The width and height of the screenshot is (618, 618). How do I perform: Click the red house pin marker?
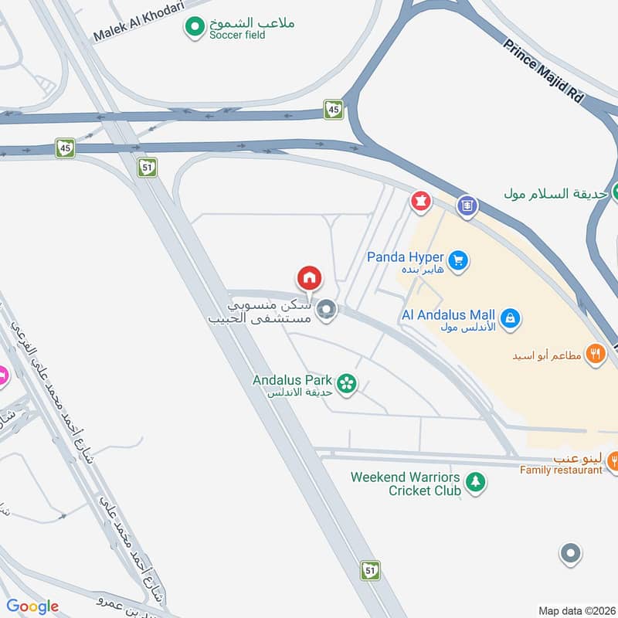click(x=309, y=278)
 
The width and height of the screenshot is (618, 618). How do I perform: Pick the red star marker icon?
click(x=420, y=202)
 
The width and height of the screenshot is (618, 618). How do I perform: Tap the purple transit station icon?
click(x=467, y=205)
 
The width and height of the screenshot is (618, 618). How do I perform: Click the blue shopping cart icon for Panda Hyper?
click(x=459, y=261)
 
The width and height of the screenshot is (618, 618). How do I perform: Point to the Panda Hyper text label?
click(x=404, y=257)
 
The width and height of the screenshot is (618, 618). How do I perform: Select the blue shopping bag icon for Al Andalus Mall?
click(x=509, y=317)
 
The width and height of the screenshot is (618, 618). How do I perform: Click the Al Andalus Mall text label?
click(x=448, y=315)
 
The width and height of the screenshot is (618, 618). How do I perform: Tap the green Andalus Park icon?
click(x=348, y=382)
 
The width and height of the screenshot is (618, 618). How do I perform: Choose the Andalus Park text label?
click(x=293, y=380)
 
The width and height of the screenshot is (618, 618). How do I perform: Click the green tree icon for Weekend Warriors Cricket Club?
click(x=477, y=483)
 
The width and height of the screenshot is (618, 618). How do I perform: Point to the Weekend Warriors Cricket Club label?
click(x=406, y=484)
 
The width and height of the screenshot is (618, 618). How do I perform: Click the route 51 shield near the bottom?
click(x=371, y=570)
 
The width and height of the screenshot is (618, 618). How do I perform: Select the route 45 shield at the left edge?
click(x=64, y=148)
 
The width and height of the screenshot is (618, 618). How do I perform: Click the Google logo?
click(x=32, y=606)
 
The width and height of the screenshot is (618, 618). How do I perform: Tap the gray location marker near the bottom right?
click(x=570, y=553)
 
